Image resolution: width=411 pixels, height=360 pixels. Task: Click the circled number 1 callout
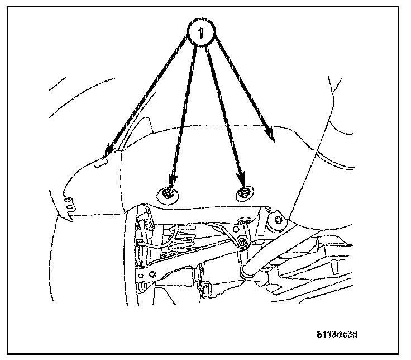(x=201, y=32)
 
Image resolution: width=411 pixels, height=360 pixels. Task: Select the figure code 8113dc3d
(x=337, y=334)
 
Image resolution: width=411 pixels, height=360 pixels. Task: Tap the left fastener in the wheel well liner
(x=168, y=196)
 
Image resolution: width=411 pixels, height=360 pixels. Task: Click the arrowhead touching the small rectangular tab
(x=109, y=152)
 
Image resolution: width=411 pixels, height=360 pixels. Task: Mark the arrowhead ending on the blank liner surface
(x=270, y=134)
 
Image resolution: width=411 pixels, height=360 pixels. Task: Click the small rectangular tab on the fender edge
(x=100, y=163)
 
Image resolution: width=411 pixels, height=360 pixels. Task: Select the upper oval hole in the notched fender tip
(x=68, y=201)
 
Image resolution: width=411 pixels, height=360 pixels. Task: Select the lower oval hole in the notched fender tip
(x=70, y=207)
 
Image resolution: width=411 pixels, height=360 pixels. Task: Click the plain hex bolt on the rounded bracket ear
(x=278, y=220)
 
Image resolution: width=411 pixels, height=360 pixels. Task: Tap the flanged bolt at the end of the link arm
(x=242, y=242)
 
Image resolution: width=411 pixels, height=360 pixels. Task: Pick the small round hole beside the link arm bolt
(x=236, y=229)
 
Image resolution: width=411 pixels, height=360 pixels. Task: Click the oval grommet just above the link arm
(x=243, y=220)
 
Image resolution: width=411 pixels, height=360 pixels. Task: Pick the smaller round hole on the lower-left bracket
(x=141, y=276)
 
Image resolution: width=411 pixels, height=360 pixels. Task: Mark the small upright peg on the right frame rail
(x=333, y=268)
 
